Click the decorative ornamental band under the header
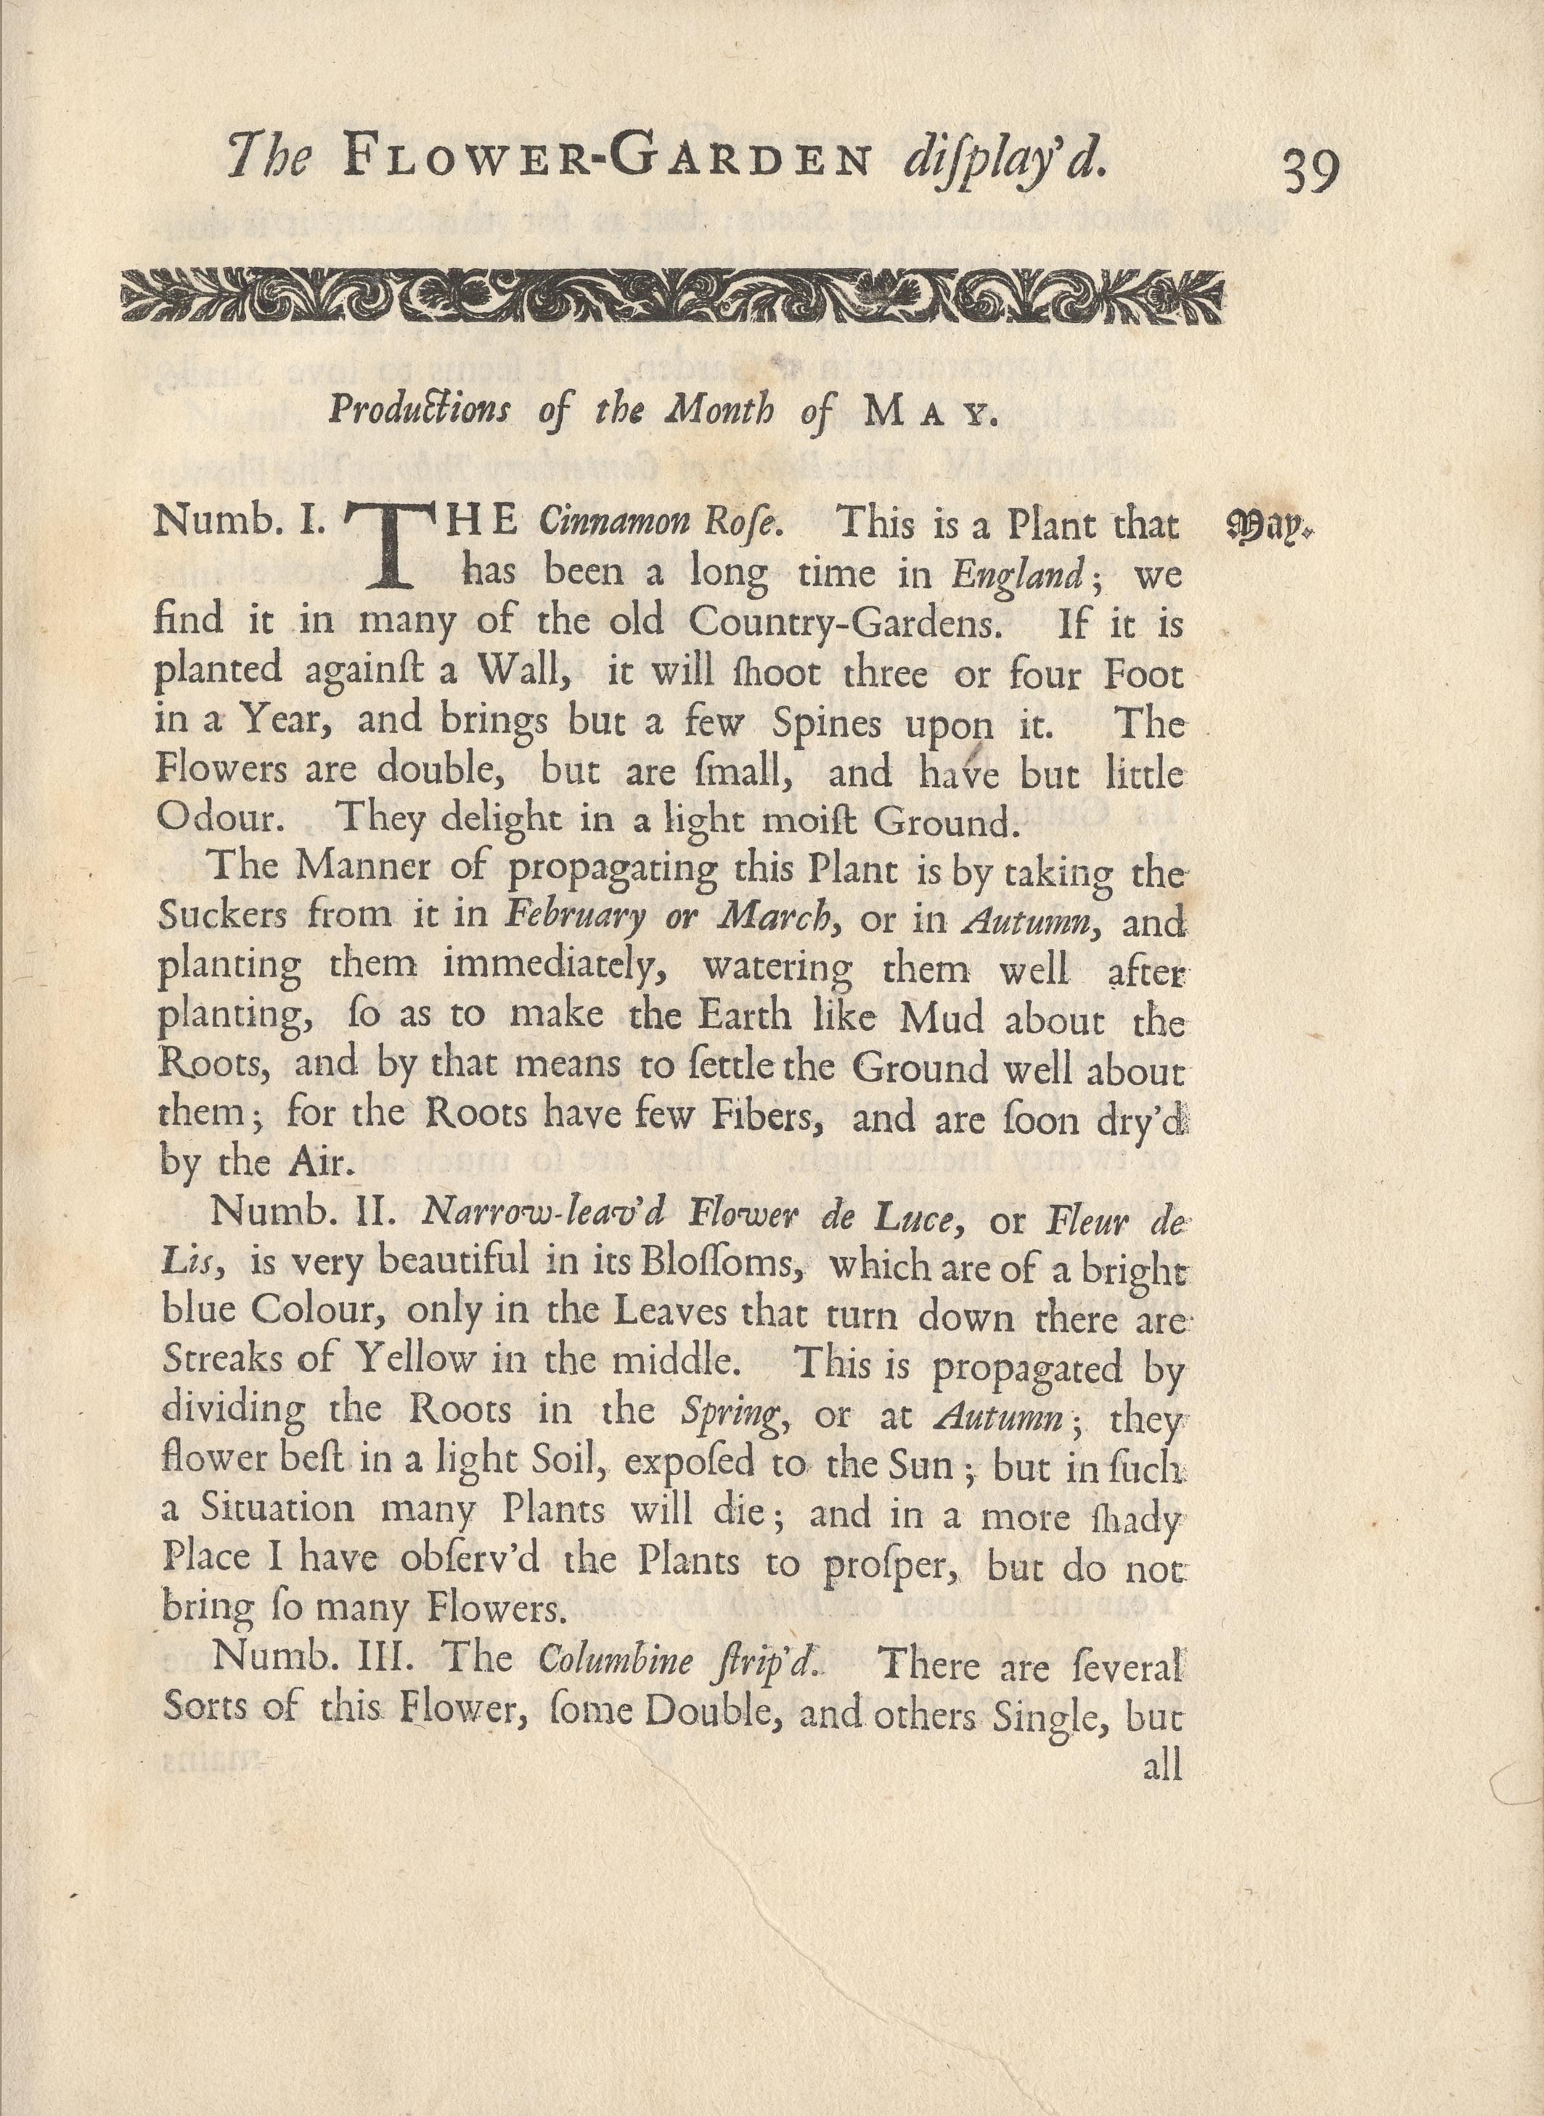[673, 296]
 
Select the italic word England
[1016, 573]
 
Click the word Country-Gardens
[839, 621]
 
